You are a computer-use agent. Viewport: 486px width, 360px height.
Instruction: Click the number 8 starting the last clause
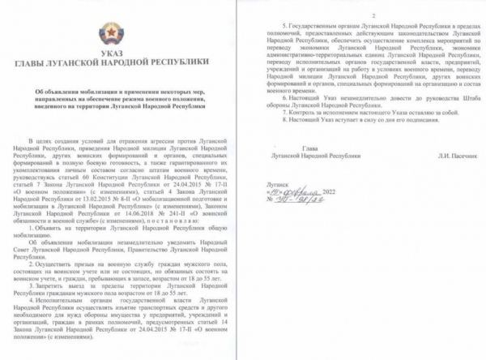(x=271, y=119)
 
